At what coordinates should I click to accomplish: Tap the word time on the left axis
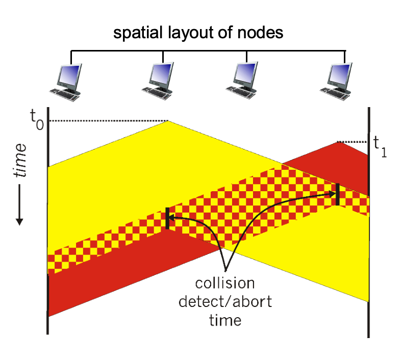pos(20,161)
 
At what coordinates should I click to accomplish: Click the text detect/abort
pos(224,301)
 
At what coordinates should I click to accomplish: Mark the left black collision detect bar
pos(167,218)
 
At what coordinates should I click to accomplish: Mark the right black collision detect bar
pos(338,194)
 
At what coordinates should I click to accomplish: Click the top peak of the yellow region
pos(168,121)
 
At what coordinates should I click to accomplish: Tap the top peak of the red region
pos(339,142)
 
